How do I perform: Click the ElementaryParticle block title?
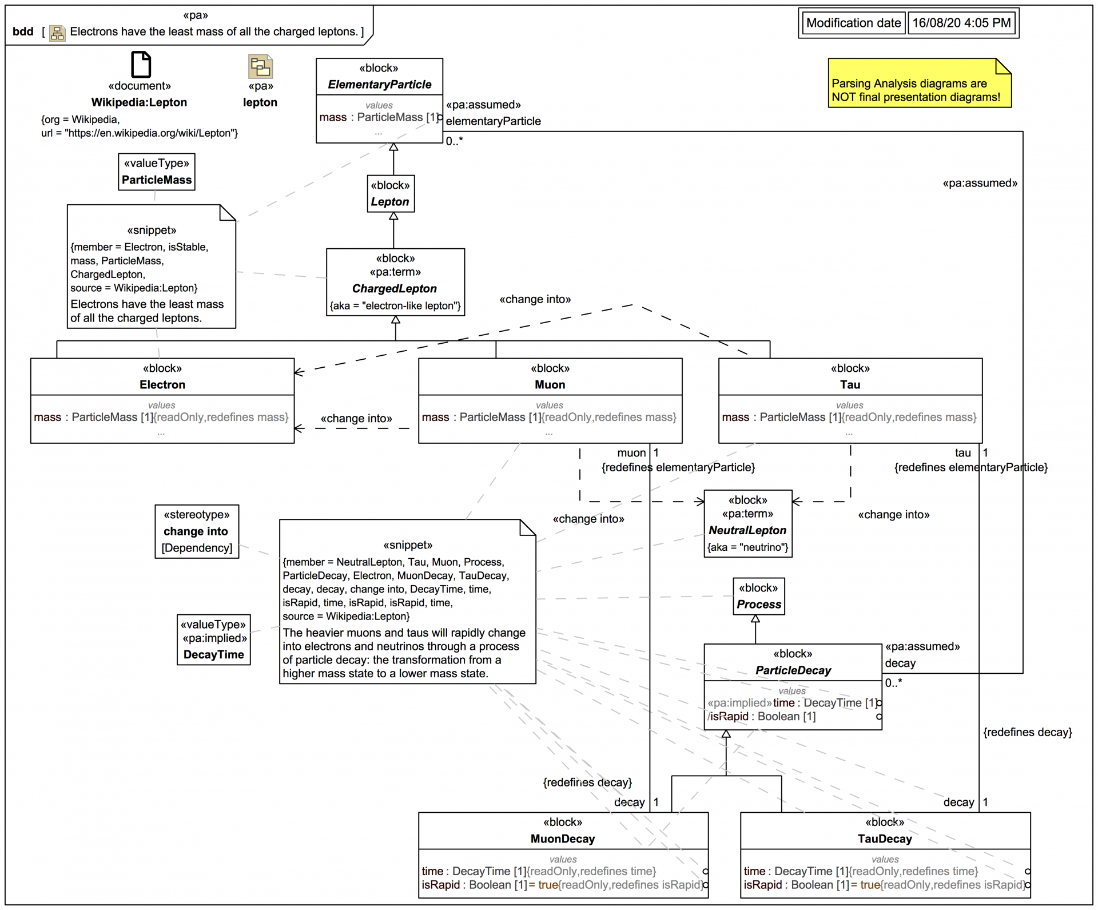point(379,85)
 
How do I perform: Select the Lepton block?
point(391,194)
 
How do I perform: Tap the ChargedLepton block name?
point(395,289)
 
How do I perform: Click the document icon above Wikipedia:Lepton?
point(141,64)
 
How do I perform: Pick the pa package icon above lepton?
point(260,66)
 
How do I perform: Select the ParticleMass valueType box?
point(157,172)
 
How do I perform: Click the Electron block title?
point(162,385)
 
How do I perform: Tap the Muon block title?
point(550,385)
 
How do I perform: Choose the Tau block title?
point(850,385)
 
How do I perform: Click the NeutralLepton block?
point(747,524)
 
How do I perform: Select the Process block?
point(759,597)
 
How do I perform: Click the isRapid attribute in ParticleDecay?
point(729,717)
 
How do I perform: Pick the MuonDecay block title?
point(563,839)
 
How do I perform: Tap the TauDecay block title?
point(885,839)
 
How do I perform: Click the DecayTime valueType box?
point(214,640)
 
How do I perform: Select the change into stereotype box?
point(197,531)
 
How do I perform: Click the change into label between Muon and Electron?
point(356,419)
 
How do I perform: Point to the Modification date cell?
point(853,23)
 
